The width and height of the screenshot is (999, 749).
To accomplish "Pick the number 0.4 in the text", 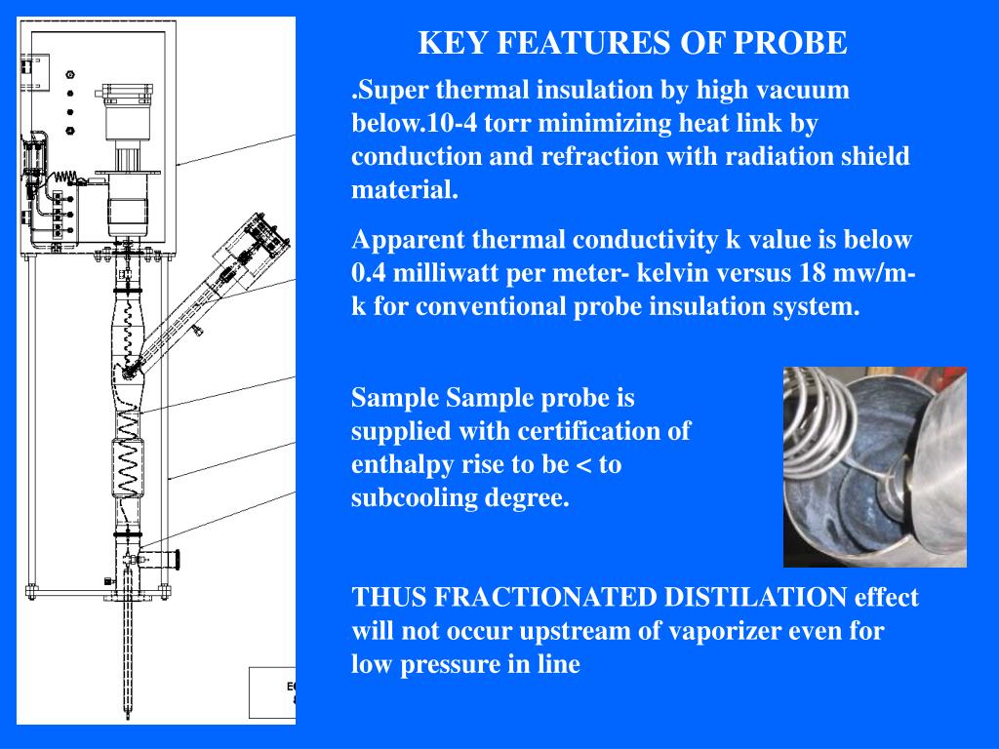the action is click(x=370, y=273).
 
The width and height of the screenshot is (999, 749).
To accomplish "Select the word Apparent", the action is click(x=400, y=240).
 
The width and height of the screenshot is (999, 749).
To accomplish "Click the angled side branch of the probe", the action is click(x=200, y=293).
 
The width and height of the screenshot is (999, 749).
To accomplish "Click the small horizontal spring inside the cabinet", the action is click(x=65, y=177).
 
